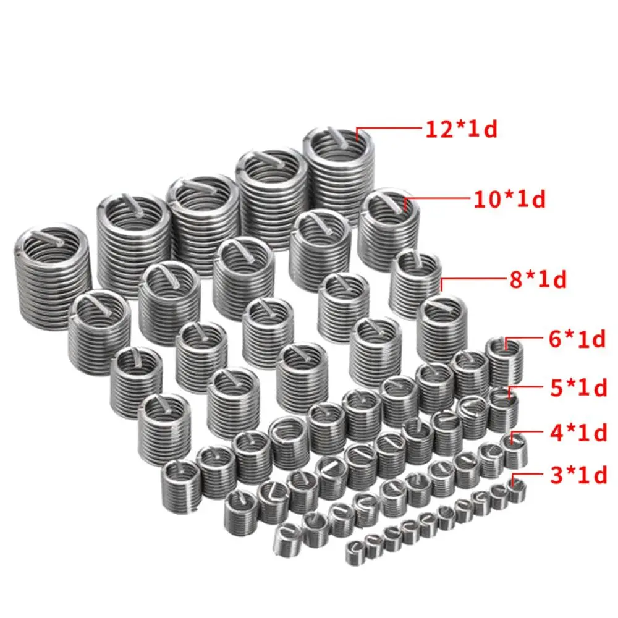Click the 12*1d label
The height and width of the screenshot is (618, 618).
(x=461, y=129)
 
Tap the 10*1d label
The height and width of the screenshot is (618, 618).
(x=509, y=199)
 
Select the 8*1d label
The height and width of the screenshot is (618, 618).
(x=538, y=279)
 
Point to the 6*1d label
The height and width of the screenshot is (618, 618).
(x=577, y=339)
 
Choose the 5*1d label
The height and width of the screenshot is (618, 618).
(x=578, y=388)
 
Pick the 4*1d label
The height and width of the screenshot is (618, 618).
(x=578, y=433)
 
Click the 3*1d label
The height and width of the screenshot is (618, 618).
(x=578, y=475)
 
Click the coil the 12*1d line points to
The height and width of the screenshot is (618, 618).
(x=339, y=174)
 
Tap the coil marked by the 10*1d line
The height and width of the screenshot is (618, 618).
(x=388, y=229)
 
